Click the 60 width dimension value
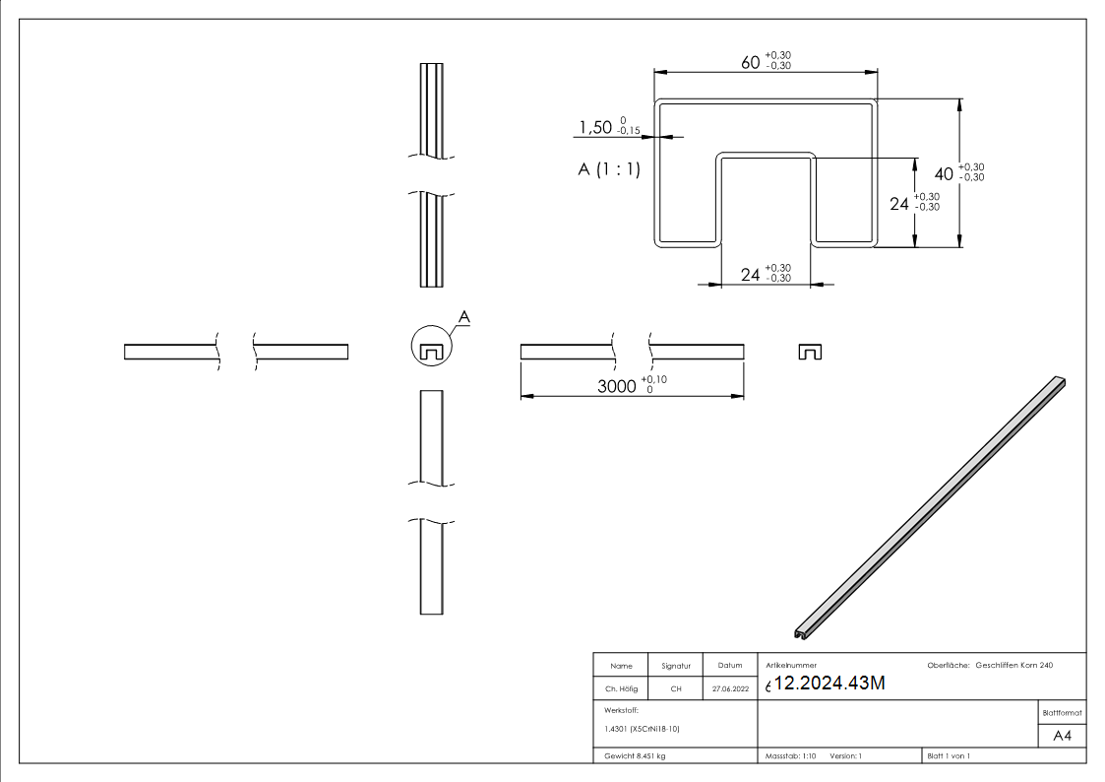pos(750,62)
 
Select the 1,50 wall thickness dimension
pos(595,127)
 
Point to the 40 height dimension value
pos(944,173)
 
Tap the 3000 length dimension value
pos(617,385)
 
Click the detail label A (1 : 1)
pos(608,169)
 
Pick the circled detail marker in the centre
pos(430,346)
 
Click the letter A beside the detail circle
pos(465,316)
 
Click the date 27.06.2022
pos(729,689)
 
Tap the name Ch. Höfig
pos(621,689)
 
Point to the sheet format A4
pos(1063,736)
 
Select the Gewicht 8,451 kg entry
pos(635,755)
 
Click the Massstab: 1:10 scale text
pos(790,755)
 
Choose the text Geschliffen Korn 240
pos(1013,666)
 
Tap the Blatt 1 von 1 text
pos(948,755)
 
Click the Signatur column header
pos(676,667)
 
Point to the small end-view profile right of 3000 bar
pos(810,352)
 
